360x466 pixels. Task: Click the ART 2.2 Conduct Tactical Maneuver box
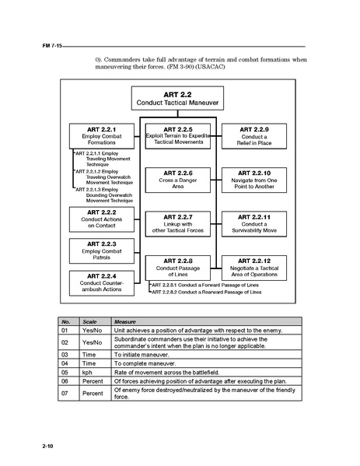tap(178, 97)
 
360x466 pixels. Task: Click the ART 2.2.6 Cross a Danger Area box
tap(179, 178)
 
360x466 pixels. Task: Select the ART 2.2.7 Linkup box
tap(179, 222)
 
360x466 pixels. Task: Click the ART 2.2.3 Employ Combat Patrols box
tap(102, 250)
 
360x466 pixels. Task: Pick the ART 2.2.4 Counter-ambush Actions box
tap(102, 282)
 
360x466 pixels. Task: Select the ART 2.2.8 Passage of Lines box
tap(179, 266)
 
